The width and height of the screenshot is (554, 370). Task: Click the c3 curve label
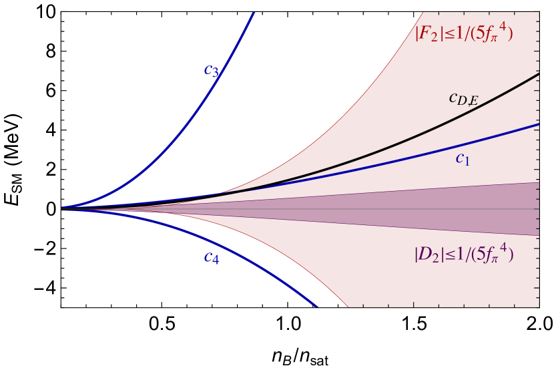(212, 70)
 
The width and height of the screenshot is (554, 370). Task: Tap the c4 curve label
(212, 258)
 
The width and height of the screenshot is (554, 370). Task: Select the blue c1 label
(463, 158)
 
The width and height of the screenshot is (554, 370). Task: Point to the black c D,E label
(463, 99)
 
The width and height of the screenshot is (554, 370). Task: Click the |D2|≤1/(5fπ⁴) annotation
(464, 254)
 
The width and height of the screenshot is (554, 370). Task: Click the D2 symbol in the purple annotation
(427, 254)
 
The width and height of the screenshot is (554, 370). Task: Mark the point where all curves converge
(62, 208)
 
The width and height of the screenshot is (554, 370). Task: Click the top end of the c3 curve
(254, 12)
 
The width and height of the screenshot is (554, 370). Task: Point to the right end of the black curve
(538, 74)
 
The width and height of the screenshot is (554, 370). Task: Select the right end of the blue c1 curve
(538, 124)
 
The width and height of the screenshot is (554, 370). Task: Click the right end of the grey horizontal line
(538, 209)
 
